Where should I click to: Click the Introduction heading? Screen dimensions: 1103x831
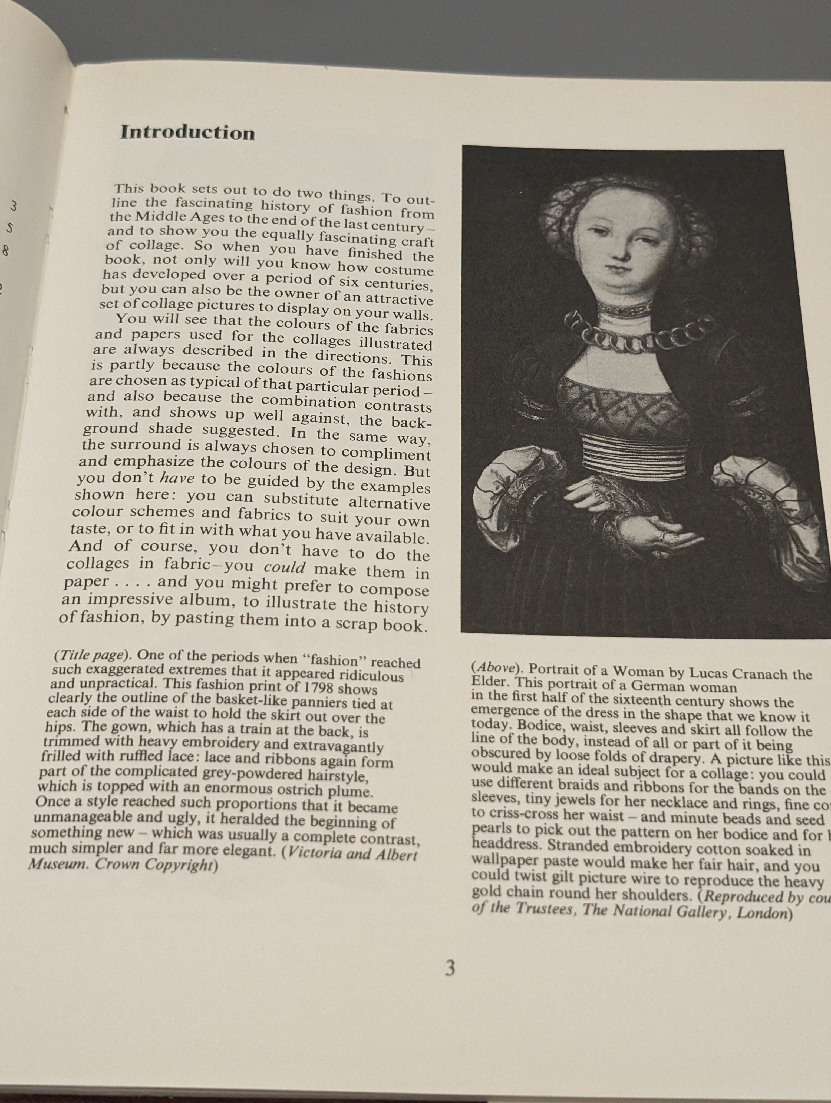point(187,133)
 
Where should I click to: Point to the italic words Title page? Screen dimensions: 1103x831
point(91,655)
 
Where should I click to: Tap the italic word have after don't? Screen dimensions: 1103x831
point(177,478)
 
